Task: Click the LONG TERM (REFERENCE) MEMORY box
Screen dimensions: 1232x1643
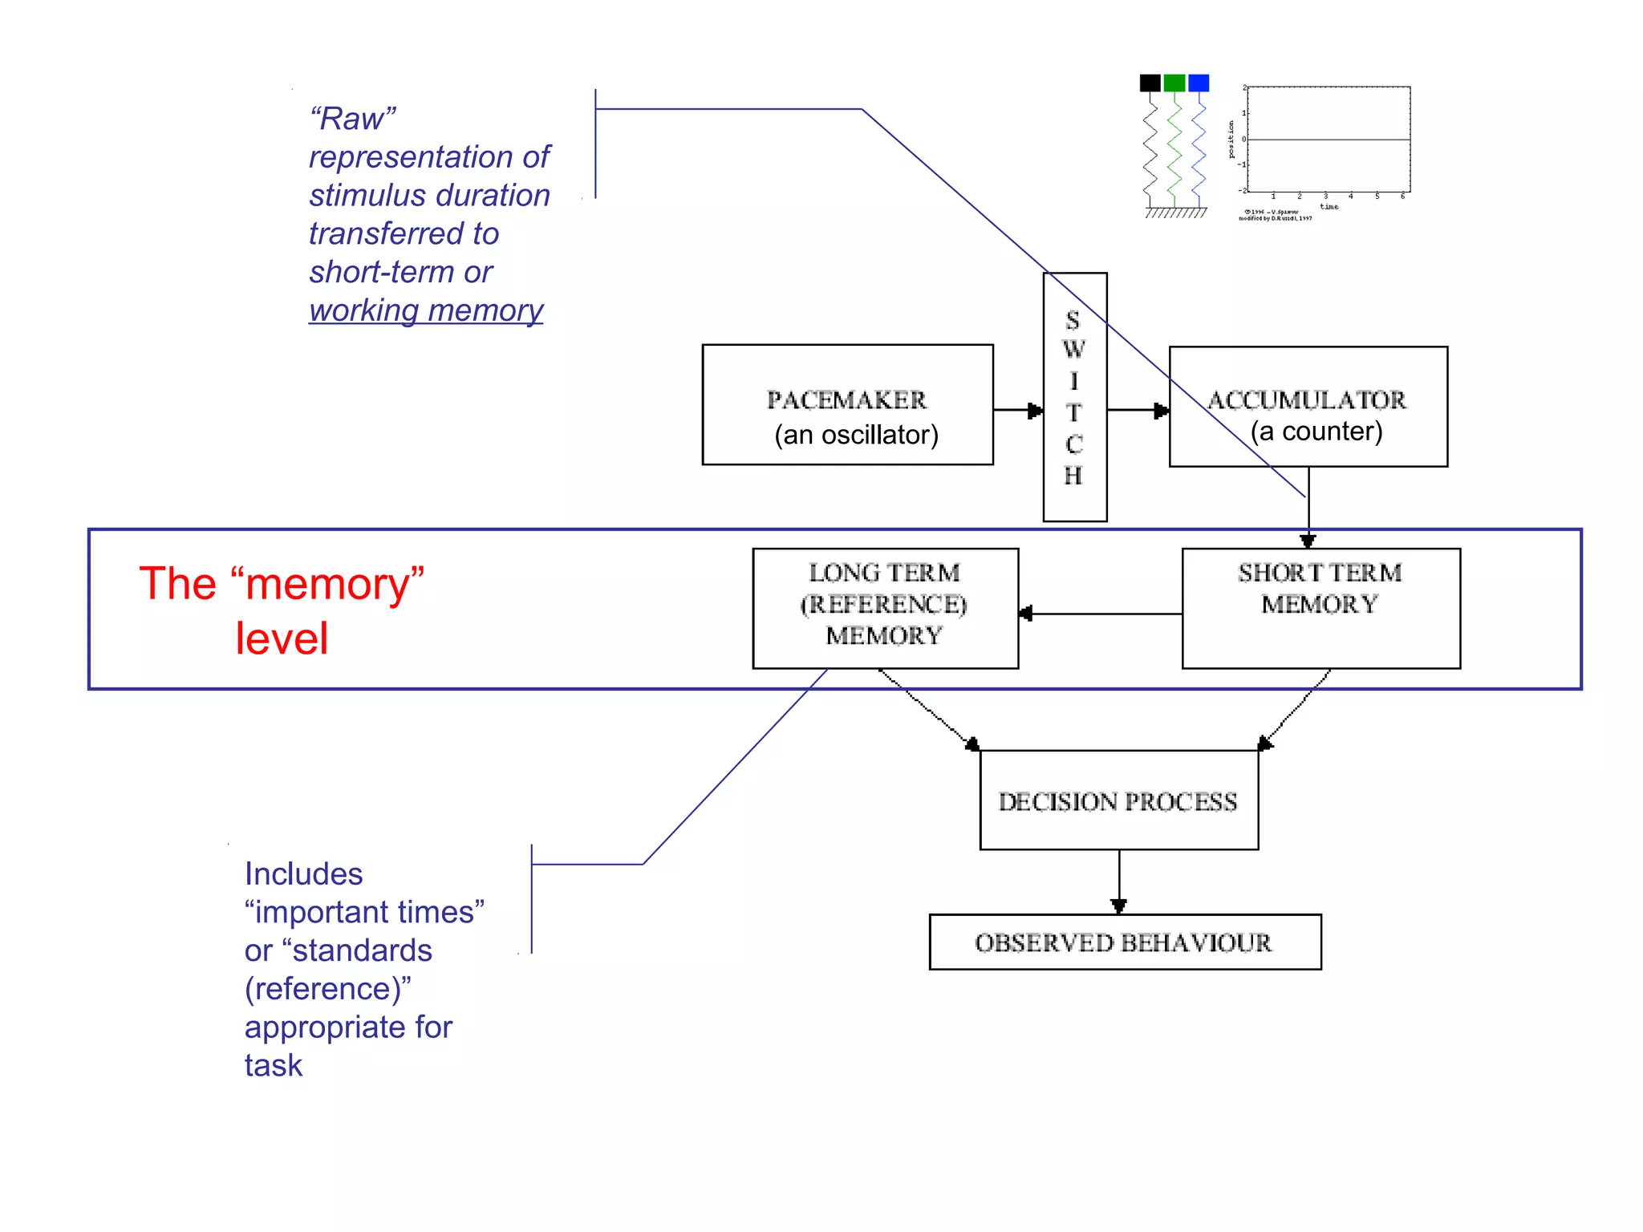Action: [x=885, y=607]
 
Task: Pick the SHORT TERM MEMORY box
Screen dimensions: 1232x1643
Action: [x=1320, y=607]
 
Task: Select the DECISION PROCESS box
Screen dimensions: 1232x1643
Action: [x=1118, y=800]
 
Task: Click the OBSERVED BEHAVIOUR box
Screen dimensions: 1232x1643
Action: [x=1124, y=942]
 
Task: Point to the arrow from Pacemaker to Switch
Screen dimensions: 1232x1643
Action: [x=1018, y=410]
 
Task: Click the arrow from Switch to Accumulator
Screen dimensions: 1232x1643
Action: [x=1138, y=410]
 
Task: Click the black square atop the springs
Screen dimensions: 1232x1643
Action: [x=1150, y=83]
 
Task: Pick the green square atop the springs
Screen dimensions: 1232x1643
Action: [x=1174, y=83]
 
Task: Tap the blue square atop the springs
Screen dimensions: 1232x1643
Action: [x=1199, y=83]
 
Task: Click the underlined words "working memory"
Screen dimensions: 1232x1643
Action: [x=426, y=310]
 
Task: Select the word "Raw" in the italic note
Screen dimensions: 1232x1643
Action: [x=352, y=119]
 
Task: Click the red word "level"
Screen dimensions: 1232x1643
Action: [x=282, y=639]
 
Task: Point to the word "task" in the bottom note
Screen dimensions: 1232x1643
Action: [x=274, y=1065]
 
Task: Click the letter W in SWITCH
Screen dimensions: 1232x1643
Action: [x=1073, y=350]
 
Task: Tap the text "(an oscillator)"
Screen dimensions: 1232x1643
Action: [x=856, y=435]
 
